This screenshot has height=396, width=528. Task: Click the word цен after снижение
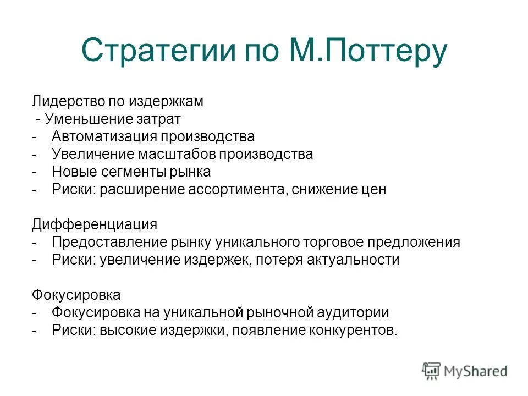point(374,189)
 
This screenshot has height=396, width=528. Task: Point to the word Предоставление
point(102,242)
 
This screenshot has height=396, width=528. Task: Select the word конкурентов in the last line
point(358,330)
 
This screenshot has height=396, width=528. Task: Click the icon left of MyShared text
point(432,371)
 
